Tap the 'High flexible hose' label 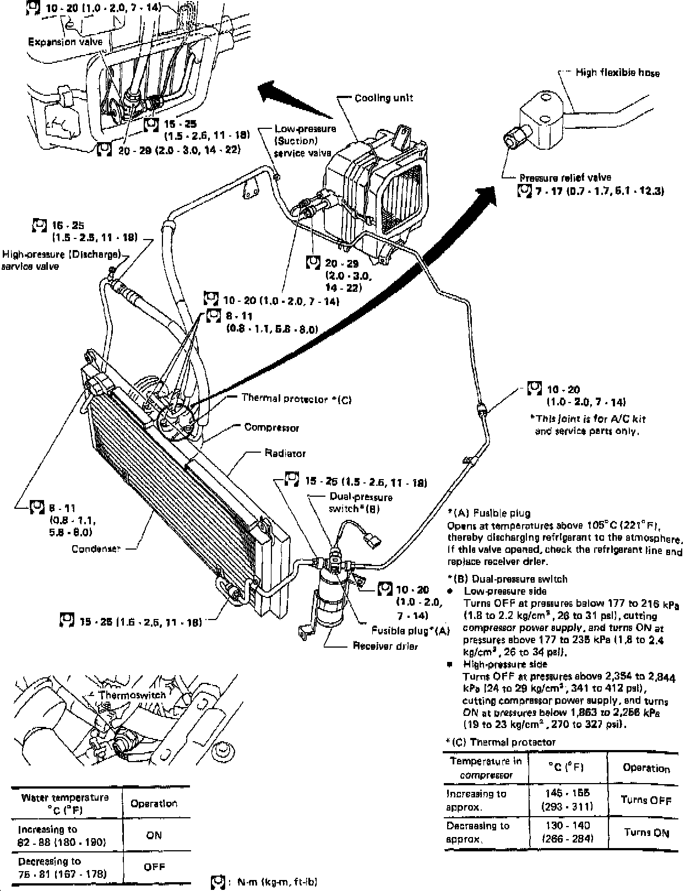(617, 72)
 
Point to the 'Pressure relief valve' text (565, 177)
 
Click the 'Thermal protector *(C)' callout (296, 398)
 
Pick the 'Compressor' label (271, 427)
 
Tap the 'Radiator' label (285, 453)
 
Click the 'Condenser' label (96, 548)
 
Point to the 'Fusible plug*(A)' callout (410, 631)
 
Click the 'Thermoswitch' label (132, 695)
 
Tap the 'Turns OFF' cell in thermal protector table (646, 800)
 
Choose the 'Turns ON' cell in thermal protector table (646, 832)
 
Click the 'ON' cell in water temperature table (154, 835)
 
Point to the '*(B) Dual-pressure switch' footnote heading (507, 579)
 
